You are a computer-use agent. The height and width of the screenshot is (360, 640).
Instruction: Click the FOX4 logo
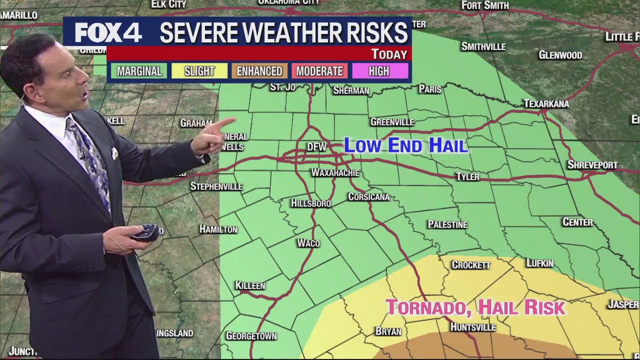tap(108, 33)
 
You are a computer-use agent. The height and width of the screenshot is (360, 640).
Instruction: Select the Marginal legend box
tap(139, 71)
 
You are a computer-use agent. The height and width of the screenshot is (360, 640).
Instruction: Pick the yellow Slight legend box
tap(199, 71)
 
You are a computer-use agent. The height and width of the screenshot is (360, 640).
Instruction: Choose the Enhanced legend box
tap(259, 71)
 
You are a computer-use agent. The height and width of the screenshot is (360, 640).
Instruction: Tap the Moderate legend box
tap(319, 71)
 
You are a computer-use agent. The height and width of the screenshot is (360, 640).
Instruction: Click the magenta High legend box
tap(379, 71)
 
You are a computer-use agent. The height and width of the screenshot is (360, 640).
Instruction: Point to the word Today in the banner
tap(389, 54)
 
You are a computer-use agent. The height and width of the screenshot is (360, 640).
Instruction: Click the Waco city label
tap(308, 243)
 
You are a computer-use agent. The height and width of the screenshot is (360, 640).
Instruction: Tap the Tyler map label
tap(467, 176)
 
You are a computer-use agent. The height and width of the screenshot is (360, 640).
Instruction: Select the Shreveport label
tap(592, 164)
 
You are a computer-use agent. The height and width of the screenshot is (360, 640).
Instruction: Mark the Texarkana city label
tap(546, 103)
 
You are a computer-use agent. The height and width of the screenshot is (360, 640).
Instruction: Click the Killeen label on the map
tap(250, 285)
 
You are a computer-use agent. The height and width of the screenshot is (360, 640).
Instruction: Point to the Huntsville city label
tap(472, 327)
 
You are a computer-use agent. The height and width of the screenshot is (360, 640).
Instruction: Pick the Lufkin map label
tap(540, 263)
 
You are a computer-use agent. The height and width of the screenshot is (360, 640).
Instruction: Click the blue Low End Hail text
tap(406, 145)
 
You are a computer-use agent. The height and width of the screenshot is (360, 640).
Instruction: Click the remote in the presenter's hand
tap(144, 231)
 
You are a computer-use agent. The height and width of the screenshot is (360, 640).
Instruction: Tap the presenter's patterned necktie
tap(90, 160)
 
